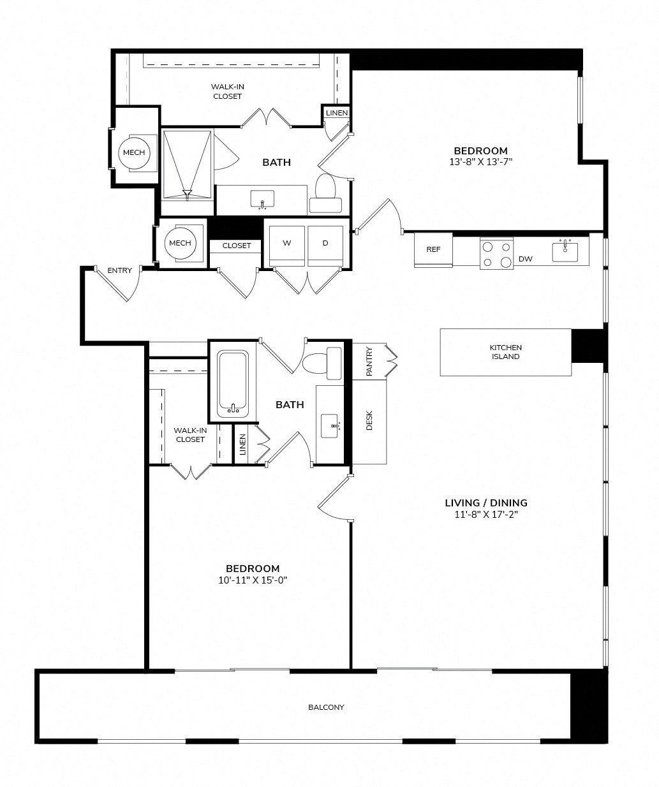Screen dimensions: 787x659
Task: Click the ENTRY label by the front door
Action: (x=119, y=270)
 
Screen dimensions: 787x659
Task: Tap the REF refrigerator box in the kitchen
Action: (x=433, y=249)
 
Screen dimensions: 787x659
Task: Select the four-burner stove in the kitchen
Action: (x=496, y=253)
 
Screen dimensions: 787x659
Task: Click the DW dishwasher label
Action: (x=526, y=259)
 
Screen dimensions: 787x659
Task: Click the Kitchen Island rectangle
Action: (x=505, y=352)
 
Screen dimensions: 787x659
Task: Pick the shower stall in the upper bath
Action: (x=186, y=165)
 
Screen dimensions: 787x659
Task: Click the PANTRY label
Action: (x=368, y=362)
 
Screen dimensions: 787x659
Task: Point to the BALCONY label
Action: (x=326, y=707)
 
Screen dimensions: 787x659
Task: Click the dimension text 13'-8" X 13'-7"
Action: (x=480, y=162)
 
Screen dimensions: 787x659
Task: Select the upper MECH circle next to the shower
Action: (x=134, y=152)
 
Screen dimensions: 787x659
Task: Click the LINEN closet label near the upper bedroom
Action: (x=336, y=113)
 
